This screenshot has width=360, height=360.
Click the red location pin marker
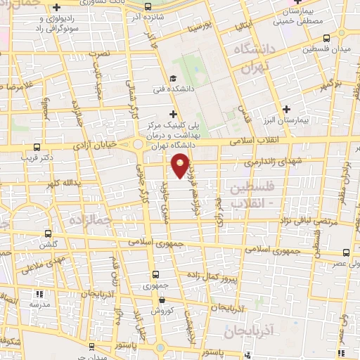point(181,166)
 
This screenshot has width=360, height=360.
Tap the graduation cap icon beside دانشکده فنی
point(173,79)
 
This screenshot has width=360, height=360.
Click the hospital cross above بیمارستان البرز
point(285,109)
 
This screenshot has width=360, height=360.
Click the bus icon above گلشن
point(48,233)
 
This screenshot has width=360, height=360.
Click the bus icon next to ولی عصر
point(346,251)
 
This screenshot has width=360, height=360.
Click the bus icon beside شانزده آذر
point(147,6)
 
